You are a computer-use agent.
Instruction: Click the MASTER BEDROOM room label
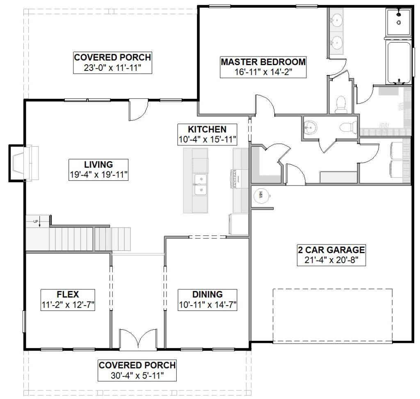263,62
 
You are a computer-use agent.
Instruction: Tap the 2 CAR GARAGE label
331,250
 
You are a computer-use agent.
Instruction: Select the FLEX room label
68,295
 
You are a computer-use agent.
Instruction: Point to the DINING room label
207,295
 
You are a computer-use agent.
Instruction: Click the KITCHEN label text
207,129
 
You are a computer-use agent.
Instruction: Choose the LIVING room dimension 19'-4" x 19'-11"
98,175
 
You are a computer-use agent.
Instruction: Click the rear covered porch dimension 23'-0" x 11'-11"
112,68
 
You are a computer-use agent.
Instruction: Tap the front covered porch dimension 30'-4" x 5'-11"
137,376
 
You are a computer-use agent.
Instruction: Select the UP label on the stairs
36,221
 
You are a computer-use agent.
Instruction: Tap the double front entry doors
138,339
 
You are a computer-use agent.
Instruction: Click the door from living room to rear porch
138,110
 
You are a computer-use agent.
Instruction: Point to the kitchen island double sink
200,185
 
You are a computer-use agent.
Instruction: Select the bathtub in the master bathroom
399,63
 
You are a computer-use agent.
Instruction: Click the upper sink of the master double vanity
336,20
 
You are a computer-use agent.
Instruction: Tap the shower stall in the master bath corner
398,22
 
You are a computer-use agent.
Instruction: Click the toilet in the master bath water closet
341,104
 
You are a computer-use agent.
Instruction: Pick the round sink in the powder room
310,127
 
